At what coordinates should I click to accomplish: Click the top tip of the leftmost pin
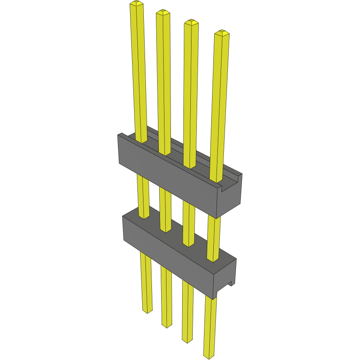pyautogui.click(x=137, y=4)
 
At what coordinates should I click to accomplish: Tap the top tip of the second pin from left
pyautogui.click(x=163, y=12)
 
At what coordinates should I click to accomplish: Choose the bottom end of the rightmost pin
pyautogui.click(x=208, y=356)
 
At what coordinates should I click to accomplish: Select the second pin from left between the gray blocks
pyautogui.click(x=165, y=208)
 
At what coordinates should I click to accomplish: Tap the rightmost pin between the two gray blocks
pyautogui.click(x=214, y=234)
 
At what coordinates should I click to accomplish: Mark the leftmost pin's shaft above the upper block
pyautogui.click(x=139, y=73)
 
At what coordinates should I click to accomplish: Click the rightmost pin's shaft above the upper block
pyautogui.click(x=219, y=105)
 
